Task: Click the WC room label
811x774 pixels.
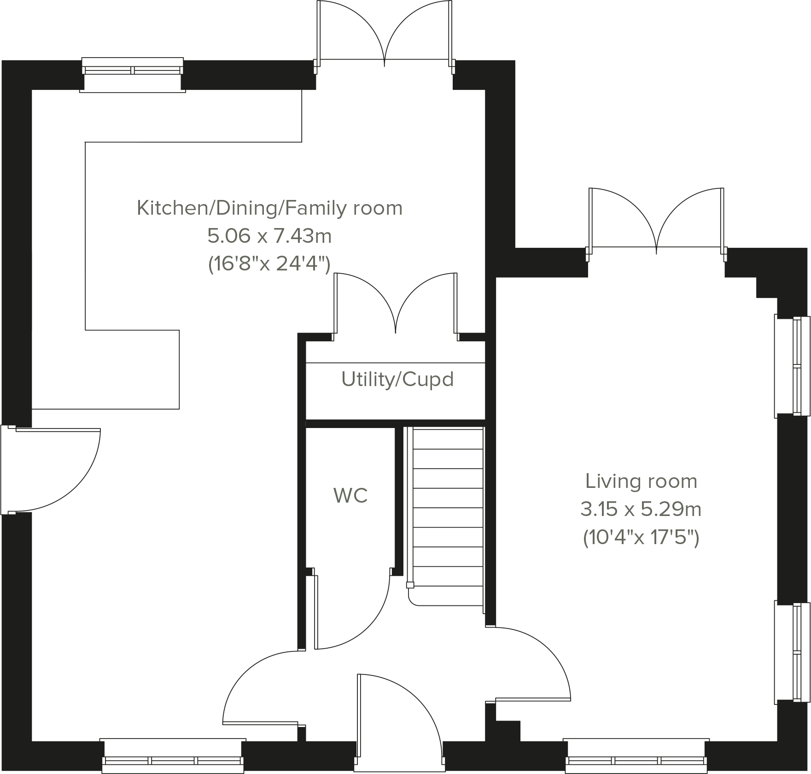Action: pyautogui.click(x=350, y=496)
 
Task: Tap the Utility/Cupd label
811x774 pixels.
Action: pyautogui.click(x=397, y=379)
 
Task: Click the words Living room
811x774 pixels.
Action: pyautogui.click(x=641, y=481)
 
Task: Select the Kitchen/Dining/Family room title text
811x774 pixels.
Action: pyautogui.click(x=269, y=208)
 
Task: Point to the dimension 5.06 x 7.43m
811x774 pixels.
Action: pyautogui.click(x=269, y=236)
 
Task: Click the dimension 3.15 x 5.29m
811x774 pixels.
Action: pyautogui.click(x=641, y=510)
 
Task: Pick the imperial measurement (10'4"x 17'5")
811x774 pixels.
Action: pyautogui.click(x=641, y=537)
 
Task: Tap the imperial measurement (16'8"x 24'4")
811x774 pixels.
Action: pyautogui.click(x=269, y=264)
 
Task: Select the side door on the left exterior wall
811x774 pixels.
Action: pyautogui.click(x=51, y=470)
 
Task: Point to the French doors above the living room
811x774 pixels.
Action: pyautogui.click(x=656, y=221)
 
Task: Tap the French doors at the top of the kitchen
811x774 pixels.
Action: pyautogui.click(x=385, y=32)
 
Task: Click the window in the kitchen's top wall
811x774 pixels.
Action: pyautogui.click(x=133, y=74)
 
